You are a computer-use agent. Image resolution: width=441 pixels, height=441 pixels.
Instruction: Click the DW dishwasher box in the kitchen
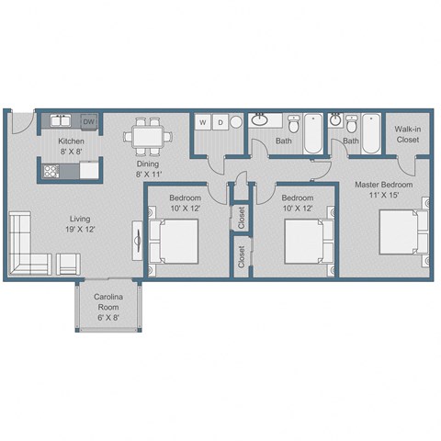coord(89,121)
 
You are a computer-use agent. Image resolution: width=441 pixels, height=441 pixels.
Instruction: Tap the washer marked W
coord(202,122)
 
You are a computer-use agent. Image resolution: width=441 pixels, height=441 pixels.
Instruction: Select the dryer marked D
coord(220,122)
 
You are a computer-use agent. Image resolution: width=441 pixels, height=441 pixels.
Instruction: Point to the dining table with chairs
coord(147,135)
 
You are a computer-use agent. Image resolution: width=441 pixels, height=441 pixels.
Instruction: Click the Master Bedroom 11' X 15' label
coord(383,190)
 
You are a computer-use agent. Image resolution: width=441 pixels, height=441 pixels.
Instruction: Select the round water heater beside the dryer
coord(236,122)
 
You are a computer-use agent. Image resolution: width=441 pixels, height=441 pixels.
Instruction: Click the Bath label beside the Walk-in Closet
coord(351,141)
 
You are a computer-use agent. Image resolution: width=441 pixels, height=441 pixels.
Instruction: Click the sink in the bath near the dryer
coord(261,120)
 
